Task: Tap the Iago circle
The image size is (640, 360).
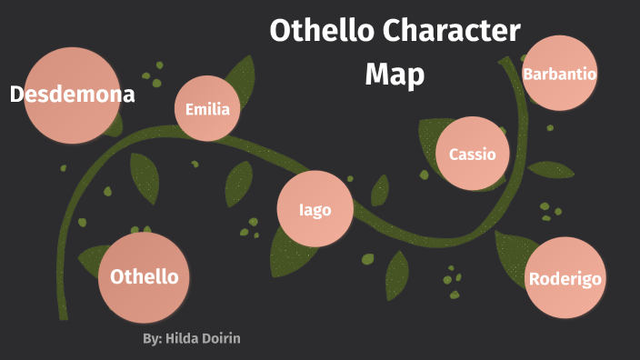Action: tap(315, 210)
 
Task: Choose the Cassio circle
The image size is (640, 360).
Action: tap(472, 154)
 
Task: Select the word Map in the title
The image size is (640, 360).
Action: tap(395, 75)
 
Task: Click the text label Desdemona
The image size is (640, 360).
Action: tap(73, 94)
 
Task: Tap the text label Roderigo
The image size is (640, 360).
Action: tap(565, 279)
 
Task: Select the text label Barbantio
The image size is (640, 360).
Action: tap(559, 74)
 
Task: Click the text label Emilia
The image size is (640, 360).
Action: tap(207, 110)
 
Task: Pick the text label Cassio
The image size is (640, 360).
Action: tap(472, 154)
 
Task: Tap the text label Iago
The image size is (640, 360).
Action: tap(315, 210)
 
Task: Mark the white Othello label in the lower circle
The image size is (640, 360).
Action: tap(144, 276)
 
